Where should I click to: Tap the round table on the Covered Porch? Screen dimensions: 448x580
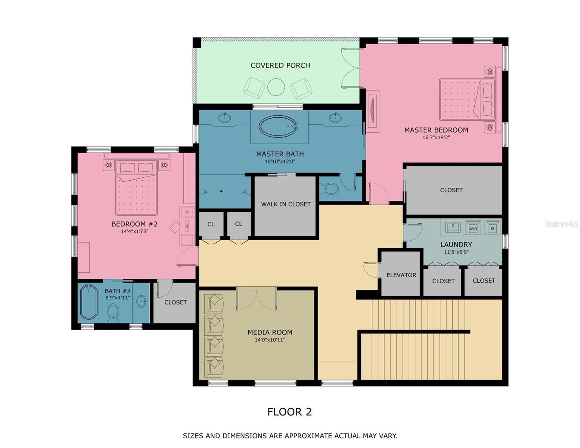click(x=276, y=87)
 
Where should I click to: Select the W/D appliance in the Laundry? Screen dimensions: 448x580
click(x=473, y=228)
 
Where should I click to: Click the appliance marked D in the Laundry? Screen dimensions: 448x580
click(x=493, y=228)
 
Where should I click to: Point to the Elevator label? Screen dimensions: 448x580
click(x=401, y=275)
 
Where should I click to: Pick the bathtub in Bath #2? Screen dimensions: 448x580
click(x=88, y=302)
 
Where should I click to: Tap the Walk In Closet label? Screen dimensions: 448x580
click(x=286, y=204)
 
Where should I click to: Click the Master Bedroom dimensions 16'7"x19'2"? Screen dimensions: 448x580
click(x=436, y=137)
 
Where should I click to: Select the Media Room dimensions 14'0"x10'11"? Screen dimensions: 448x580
click(x=270, y=340)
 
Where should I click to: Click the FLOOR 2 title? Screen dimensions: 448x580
click(x=289, y=412)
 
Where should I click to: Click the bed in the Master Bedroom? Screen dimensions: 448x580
click(x=467, y=99)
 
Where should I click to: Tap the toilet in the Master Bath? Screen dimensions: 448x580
click(x=329, y=188)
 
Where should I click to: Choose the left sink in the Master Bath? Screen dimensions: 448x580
click(x=224, y=118)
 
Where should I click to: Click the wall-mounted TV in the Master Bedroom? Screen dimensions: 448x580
click(x=372, y=111)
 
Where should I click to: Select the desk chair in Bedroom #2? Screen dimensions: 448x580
click(x=175, y=227)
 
